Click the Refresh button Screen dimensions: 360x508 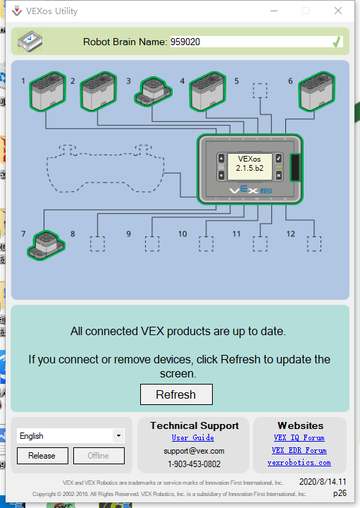tap(176, 394)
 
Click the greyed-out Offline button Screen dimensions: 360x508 tap(99, 456)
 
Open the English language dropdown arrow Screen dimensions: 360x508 tap(118, 436)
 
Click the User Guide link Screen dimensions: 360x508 tap(193, 437)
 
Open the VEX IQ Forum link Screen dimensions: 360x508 tap(299, 437)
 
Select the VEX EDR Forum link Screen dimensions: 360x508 tap(299, 450)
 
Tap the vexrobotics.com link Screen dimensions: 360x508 tap(299, 463)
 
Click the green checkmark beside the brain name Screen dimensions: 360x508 tap(336, 42)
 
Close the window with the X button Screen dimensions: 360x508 tap(338, 11)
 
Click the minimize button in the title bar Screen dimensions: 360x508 tap(274, 11)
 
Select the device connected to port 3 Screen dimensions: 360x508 tap(154, 91)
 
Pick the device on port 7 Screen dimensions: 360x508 tap(46, 246)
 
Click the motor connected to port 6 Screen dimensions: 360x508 tap(316, 91)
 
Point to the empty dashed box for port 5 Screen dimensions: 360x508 tap(260, 90)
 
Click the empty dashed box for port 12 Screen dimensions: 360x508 tap(314, 243)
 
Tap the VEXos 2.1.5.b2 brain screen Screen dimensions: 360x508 tap(249, 167)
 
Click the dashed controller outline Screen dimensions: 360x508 tap(105, 169)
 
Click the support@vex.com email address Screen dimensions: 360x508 tap(194, 451)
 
